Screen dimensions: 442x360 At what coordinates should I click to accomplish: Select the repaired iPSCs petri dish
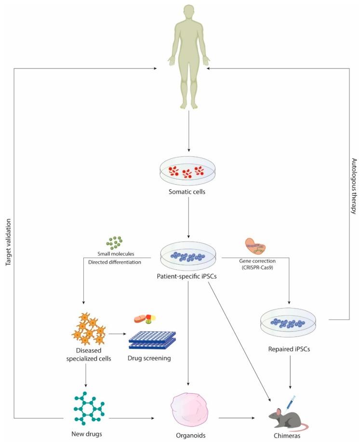(x=287, y=320)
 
